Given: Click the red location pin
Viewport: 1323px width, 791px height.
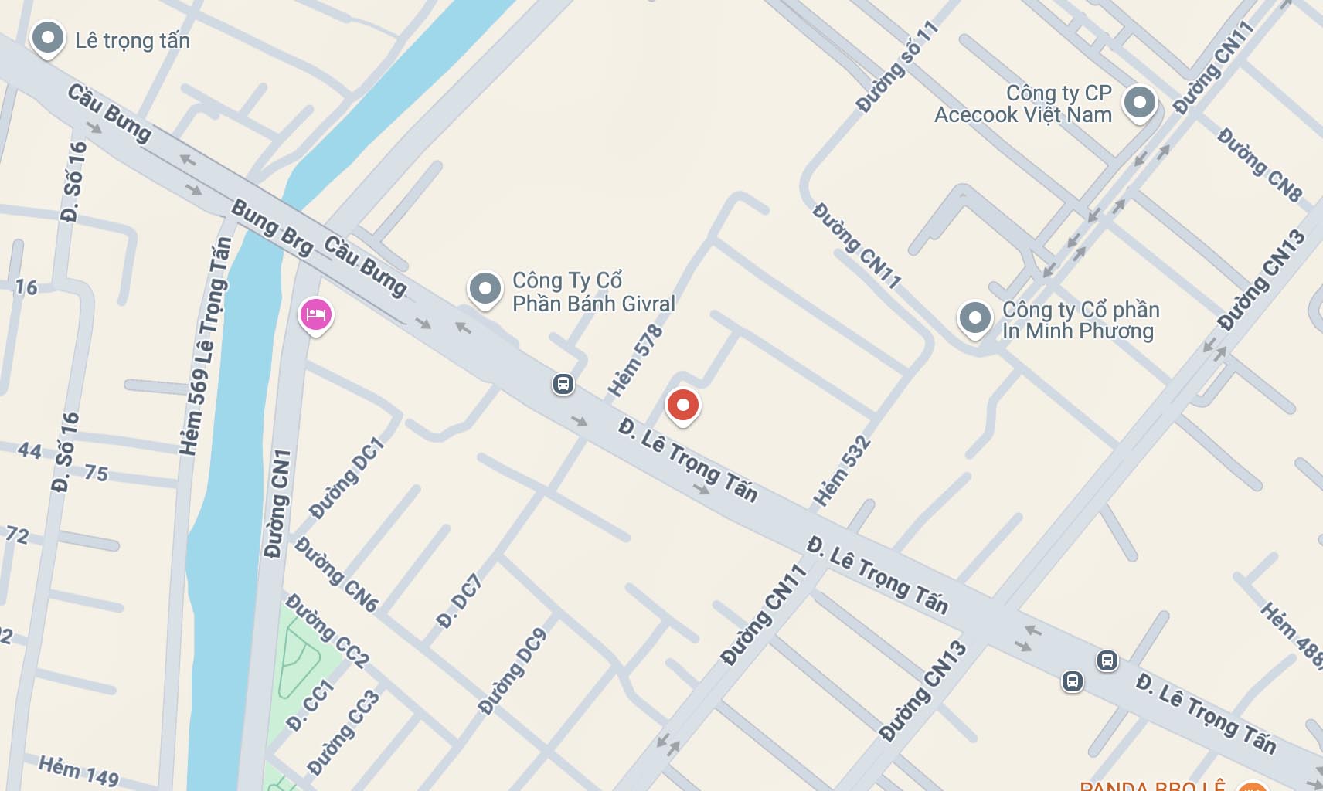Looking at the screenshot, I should point(682,406).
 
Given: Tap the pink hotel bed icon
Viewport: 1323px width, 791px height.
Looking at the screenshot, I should point(315,315).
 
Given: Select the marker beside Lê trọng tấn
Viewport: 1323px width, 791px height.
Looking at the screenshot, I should point(47,38).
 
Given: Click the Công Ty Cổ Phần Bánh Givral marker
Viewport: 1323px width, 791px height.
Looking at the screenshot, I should point(485,289).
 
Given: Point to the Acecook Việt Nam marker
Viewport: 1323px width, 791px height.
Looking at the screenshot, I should point(1139,103).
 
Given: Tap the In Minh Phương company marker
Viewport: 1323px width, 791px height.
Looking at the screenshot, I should point(974,318).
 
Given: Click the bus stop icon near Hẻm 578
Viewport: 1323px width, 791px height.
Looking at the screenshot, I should point(563,383).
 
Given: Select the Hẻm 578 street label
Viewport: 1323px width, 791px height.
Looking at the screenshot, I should point(635,360).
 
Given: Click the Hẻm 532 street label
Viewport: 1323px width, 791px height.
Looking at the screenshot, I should point(842,472).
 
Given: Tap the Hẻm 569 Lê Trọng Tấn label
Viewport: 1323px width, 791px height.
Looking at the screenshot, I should point(205,346).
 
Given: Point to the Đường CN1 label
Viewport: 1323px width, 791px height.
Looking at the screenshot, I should point(277,503).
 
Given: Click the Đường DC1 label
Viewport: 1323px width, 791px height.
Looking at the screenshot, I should point(346,477).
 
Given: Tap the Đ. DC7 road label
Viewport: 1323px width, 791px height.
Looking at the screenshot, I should point(459,600).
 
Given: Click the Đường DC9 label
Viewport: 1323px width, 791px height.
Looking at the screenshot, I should point(512,670).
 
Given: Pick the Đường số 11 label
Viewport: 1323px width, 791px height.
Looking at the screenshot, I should point(897,66).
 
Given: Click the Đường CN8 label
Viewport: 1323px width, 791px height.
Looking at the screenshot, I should point(1259,165).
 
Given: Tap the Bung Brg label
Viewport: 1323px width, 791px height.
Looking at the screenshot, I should point(272,227).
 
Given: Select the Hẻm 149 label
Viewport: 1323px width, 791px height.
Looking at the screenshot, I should point(79,770).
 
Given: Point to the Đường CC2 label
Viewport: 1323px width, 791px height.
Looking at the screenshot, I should point(327,630).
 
